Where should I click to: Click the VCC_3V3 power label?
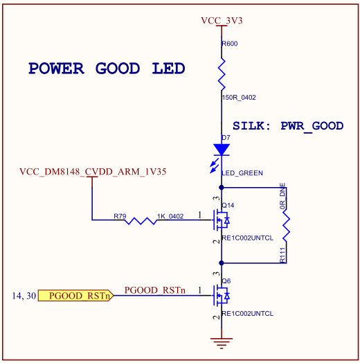coord(222,21)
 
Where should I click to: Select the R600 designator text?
coord(230,44)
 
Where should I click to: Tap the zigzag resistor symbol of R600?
coord(222,74)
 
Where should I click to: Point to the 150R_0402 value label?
coord(239,98)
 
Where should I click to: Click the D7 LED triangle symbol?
coord(222,150)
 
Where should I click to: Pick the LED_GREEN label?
coord(242,173)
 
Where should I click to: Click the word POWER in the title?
coord(56,69)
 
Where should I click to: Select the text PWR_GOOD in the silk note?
coord(312,126)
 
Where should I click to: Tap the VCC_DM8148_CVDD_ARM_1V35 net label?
coord(93,172)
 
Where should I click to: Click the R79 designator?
coord(120,216)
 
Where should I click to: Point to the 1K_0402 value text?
coord(170,216)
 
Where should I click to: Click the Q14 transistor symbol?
coord(222,220)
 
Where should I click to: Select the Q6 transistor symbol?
coord(222,296)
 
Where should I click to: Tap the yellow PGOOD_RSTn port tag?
coord(76,296)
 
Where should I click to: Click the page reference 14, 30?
coord(24,296)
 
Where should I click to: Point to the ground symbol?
coord(222,344)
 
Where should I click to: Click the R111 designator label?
coord(282,255)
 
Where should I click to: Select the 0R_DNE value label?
coord(282,196)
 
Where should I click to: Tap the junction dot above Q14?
coord(222,187)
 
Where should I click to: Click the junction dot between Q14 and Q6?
coord(222,263)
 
